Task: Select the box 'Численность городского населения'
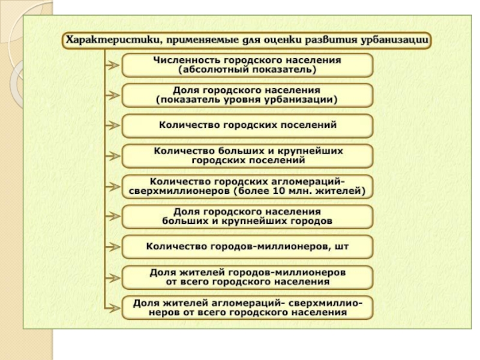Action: pos(247,65)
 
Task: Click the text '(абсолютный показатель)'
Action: pos(247,70)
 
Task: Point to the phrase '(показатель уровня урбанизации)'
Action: pos(247,100)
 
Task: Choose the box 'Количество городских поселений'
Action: pos(247,126)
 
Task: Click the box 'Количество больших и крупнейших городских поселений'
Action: pos(247,156)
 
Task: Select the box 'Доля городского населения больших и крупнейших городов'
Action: pos(247,217)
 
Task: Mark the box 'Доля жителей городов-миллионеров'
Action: pos(247,276)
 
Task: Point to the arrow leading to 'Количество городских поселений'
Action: pos(113,126)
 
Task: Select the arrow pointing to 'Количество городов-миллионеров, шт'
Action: pos(113,247)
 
